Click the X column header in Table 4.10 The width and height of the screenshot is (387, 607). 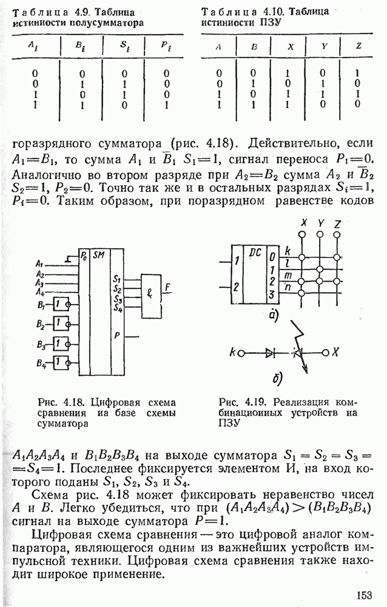291,46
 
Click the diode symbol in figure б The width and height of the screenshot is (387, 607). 271,352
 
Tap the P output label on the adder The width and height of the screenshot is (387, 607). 116,333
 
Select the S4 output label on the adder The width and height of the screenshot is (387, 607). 117,308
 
